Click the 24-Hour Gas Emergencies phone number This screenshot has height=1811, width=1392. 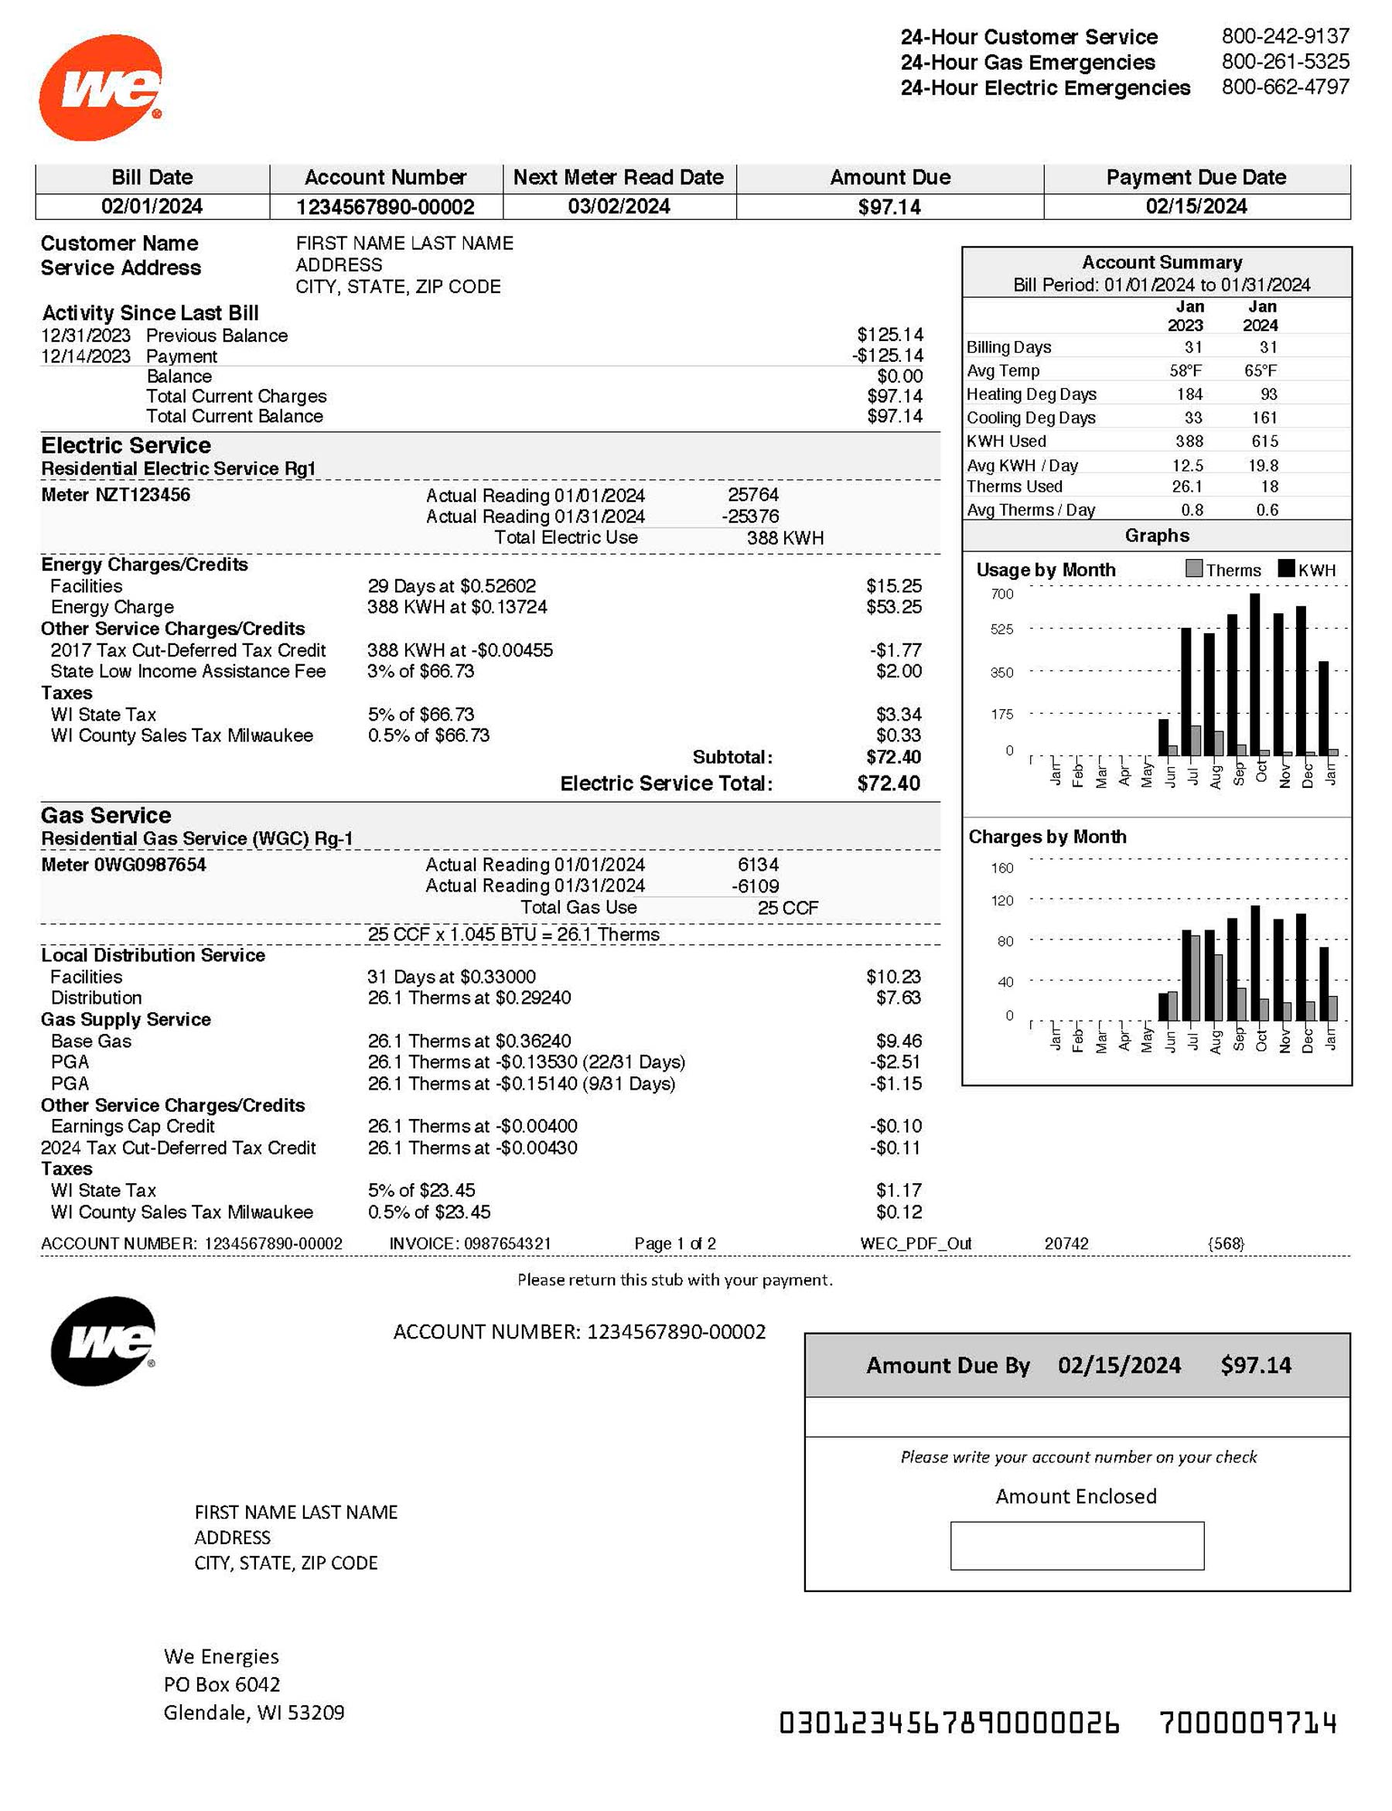coord(1285,61)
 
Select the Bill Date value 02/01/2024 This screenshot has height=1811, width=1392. coord(152,206)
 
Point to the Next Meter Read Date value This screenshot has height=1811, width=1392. coord(618,206)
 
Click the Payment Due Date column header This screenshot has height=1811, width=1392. coord(1196,177)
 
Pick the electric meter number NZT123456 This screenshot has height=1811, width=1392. coord(115,495)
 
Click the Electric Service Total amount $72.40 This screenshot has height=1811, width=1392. coord(889,783)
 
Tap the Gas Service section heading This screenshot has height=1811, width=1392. coord(106,815)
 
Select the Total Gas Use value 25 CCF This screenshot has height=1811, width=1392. coord(787,908)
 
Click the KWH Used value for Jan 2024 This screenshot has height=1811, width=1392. coord(1264,442)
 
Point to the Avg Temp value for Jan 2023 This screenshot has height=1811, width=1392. coord(1186,370)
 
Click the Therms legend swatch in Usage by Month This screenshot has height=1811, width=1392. coord(1194,568)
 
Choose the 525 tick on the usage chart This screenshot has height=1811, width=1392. coord(1001,629)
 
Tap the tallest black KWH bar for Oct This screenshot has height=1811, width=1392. coord(1255,673)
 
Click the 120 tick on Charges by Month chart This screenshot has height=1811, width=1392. coord(1001,901)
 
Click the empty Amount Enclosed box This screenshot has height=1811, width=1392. coord(1076,1545)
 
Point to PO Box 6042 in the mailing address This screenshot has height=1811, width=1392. coord(222,1684)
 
